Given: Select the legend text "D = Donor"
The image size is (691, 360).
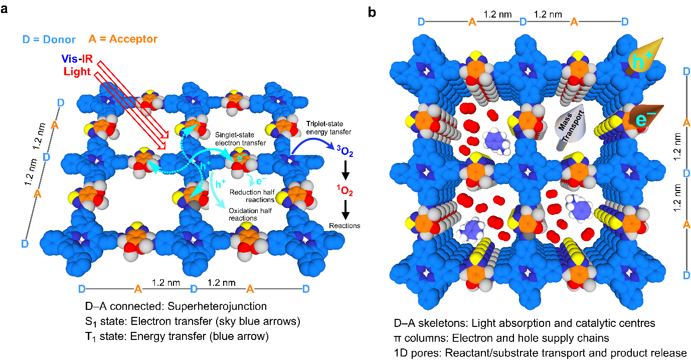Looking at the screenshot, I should (x=49, y=39).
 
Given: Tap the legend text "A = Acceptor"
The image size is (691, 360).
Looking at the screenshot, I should (x=123, y=39).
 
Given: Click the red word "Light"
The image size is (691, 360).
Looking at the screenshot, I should (x=77, y=72).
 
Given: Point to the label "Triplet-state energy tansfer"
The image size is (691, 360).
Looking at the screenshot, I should (x=329, y=127).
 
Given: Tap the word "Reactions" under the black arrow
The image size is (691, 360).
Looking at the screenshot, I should (x=344, y=226).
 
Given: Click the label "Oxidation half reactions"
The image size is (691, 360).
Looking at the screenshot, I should (x=250, y=214).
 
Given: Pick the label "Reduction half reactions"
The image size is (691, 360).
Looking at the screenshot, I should (x=251, y=196).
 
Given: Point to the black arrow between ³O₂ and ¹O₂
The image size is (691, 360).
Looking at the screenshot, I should (x=345, y=173).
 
